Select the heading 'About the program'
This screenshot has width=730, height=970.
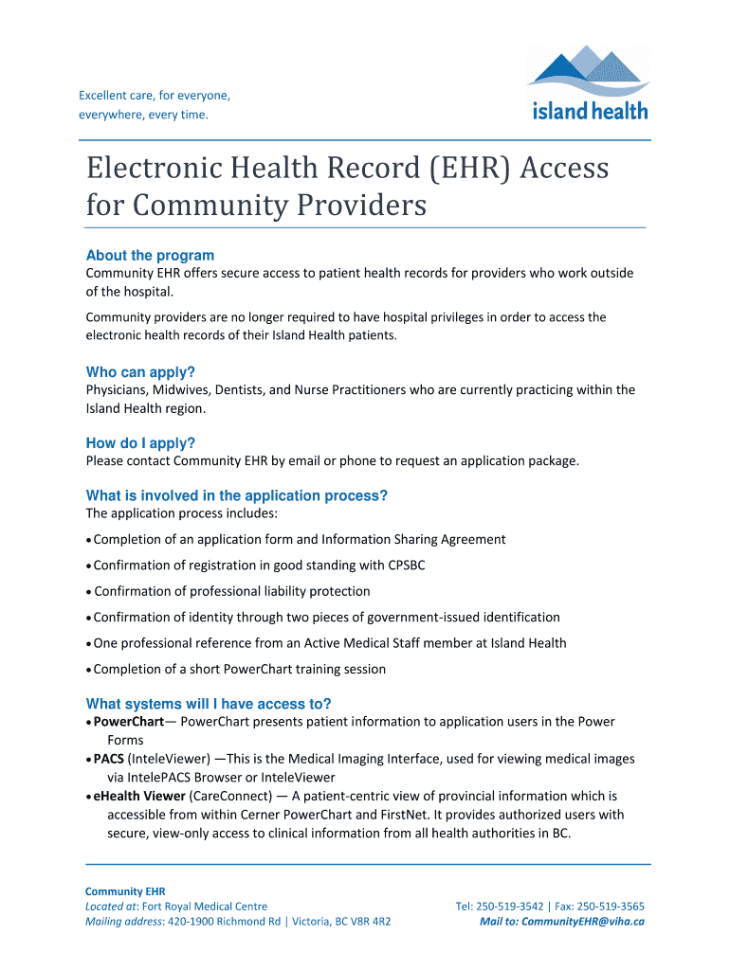pos(150,255)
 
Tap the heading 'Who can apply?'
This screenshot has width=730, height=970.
pos(146,372)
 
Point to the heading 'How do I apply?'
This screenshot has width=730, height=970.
pos(140,443)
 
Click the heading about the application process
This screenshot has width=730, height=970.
pos(237,495)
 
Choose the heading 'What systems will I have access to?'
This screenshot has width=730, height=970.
pos(209,704)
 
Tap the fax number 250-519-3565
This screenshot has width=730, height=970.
pos(611,907)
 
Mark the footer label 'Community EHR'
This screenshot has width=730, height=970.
pos(125,891)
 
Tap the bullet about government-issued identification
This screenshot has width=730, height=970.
pos(326,617)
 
